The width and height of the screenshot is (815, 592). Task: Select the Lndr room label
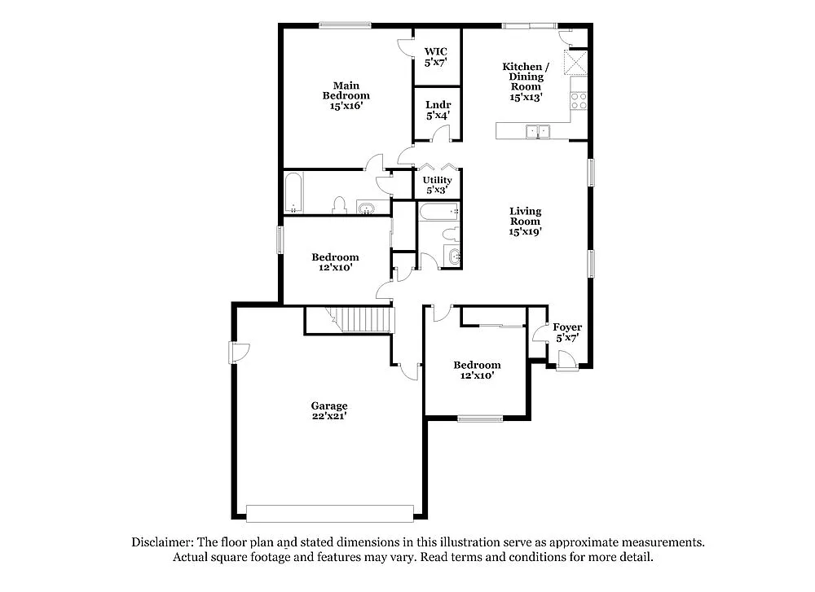tap(438, 105)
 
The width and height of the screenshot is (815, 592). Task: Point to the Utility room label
tap(437, 180)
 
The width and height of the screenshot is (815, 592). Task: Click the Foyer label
tap(567, 327)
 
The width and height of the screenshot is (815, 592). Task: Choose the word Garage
tap(329, 406)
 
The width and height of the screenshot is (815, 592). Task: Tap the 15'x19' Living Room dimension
tap(525, 231)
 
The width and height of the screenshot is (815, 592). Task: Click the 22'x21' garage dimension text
tap(329, 416)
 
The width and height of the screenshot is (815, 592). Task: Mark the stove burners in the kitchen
tap(579, 101)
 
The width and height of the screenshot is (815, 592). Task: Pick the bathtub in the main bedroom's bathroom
tap(293, 193)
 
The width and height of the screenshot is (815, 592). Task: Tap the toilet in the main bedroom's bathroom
tap(341, 206)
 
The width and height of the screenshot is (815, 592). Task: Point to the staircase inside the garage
tap(359, 320)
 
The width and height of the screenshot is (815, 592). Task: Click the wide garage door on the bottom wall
tap(329, 514)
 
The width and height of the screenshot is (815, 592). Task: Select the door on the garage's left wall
tap(239, 352)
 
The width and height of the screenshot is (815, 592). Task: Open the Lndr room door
tap(405, 155)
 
